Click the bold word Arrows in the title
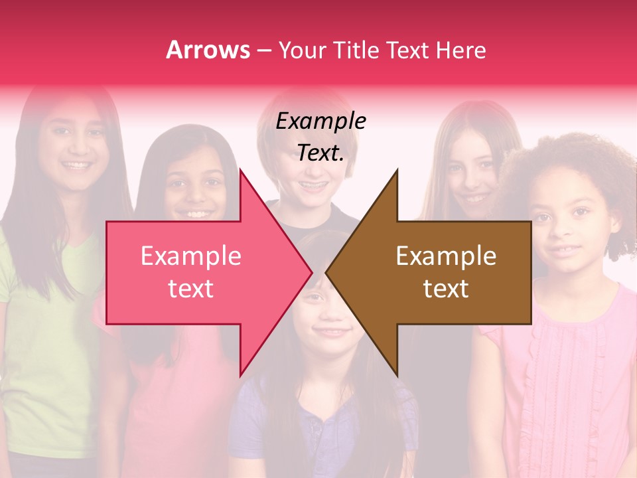[208, 50]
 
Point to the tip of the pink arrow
[312, 273]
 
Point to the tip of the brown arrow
[326, 273]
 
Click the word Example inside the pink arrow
[190, 256]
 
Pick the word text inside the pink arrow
[190, 288]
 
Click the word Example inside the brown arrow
[446, 256]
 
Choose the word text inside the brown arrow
[446, 288]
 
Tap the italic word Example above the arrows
[320, 121]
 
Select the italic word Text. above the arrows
[320, 153]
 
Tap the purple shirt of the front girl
[318, 432]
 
